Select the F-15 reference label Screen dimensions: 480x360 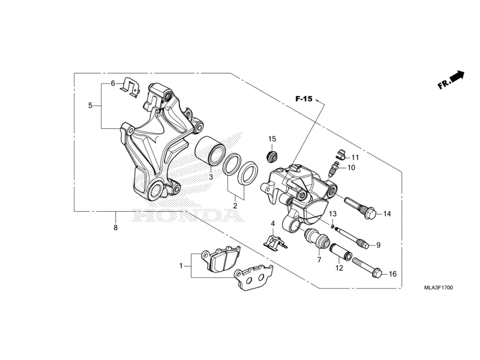click(304, 99)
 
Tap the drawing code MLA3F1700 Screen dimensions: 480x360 click(439, 288)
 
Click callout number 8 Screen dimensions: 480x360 click(115, 228)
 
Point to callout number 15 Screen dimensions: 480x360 click(272, 139)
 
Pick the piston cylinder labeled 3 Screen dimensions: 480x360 click(211, 151)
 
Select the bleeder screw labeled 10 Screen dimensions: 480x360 click(333, 169)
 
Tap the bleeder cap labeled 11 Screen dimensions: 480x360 click(340, 154)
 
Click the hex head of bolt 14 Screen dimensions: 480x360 click(370, 214)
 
